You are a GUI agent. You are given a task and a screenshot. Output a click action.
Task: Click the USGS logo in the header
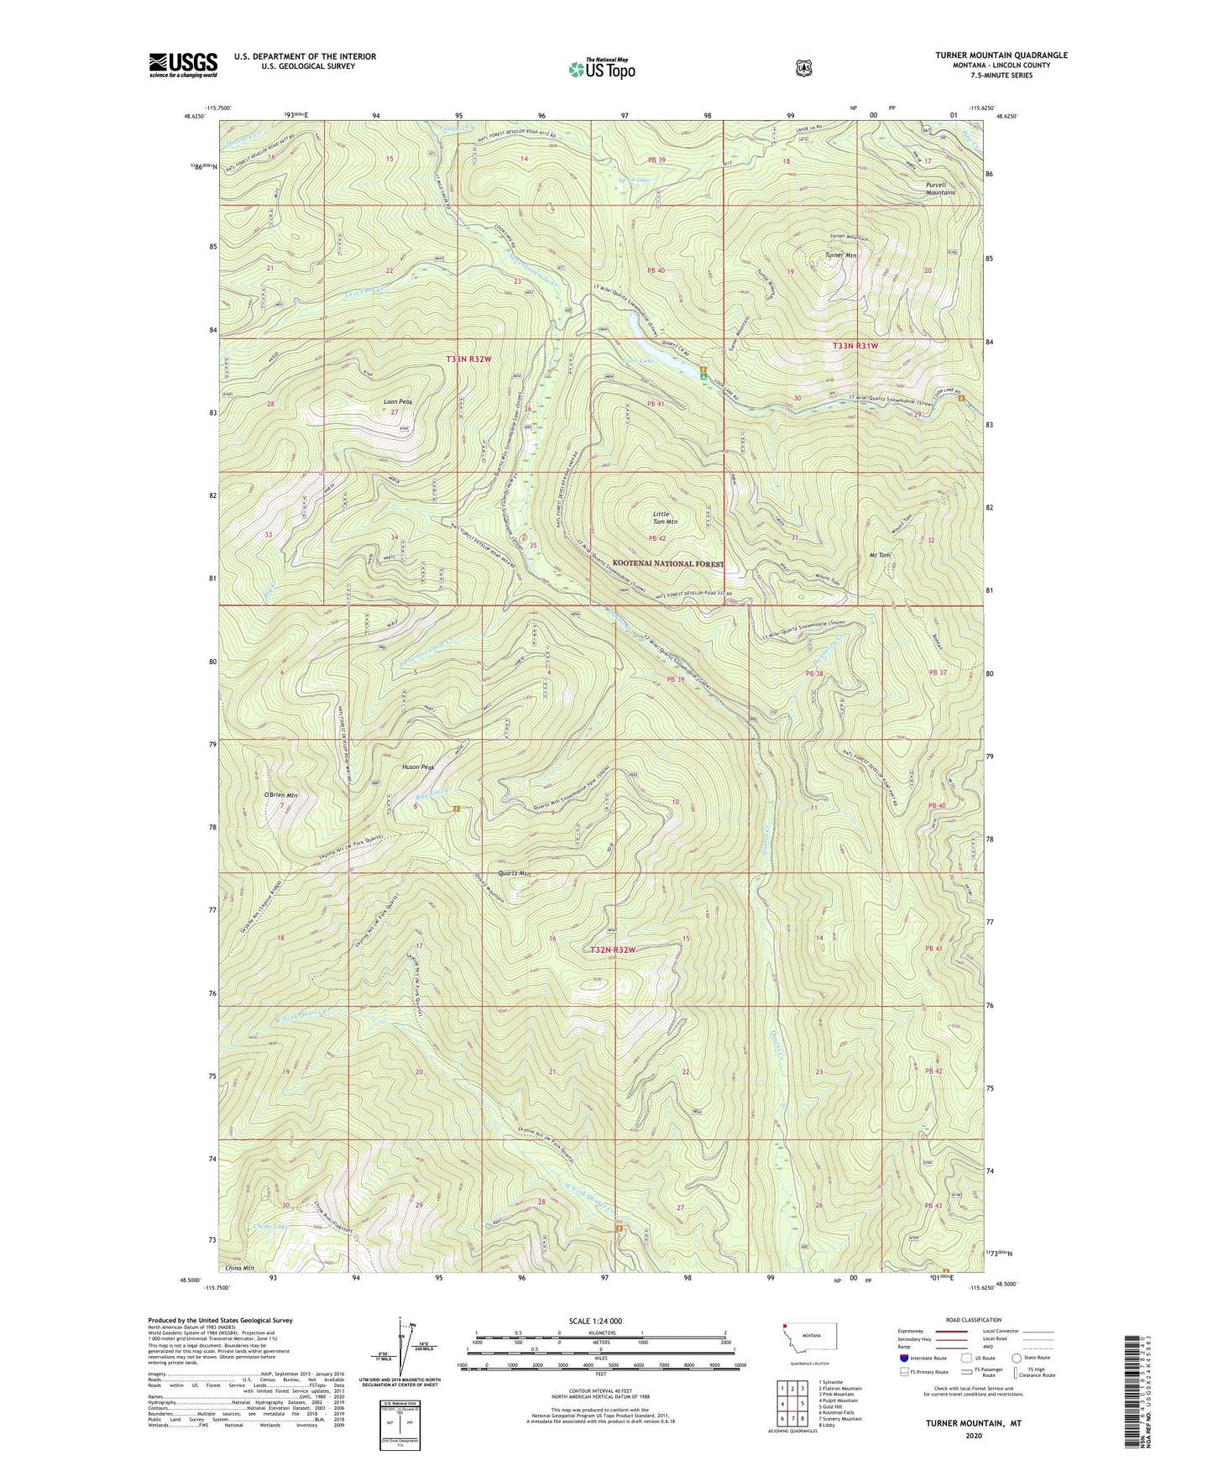[x=183, y=65]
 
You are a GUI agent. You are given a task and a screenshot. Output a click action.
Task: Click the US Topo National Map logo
[x=601, y=69]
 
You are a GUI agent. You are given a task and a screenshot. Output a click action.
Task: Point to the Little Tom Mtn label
[x=665, y=517]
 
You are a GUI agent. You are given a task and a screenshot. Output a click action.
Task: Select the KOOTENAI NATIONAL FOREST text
[x=667, y=563]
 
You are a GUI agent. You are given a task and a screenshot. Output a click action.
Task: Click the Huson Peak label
[x=418, y=767]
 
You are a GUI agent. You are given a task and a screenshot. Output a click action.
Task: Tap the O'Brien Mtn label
[x=280, y=794]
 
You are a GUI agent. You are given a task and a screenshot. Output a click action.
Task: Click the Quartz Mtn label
[x=514, y=873]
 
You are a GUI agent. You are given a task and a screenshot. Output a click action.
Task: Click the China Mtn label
[x=239, y=1267]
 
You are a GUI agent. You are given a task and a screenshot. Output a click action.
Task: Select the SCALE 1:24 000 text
[x=595, y=1321]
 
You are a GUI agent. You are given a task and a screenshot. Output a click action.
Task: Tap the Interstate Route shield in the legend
[x=903, y=1358]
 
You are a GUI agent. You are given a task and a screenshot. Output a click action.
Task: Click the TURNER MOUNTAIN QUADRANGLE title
[x=1001, y=55]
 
